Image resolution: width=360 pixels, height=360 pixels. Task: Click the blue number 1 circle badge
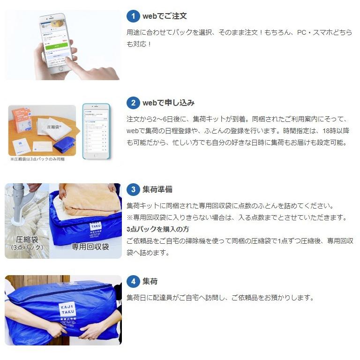point(133,16)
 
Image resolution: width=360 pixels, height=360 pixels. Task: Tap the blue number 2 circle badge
point(133,103)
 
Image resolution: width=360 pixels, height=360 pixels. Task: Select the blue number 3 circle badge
point(133,189)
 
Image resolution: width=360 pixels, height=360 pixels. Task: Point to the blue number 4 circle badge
point(133,281)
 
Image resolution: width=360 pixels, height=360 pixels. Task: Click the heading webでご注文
point(165,16)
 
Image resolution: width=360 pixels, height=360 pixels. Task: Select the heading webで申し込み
point(168,103)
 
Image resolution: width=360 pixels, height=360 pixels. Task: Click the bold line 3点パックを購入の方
point(157,229)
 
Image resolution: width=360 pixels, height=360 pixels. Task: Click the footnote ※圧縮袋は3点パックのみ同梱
point(37,159)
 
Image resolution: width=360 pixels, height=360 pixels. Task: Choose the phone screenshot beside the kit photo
point(96,131)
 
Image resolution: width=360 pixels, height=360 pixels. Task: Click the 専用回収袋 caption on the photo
point(90,247)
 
